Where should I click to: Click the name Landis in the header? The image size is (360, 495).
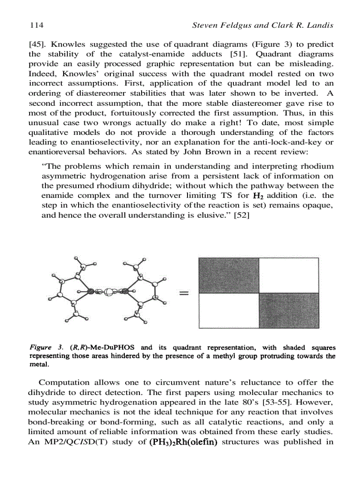tap(320, 26)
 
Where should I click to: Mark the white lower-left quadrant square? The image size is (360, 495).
tap(229, 311)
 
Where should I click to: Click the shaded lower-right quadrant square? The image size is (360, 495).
tap(289, 311)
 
